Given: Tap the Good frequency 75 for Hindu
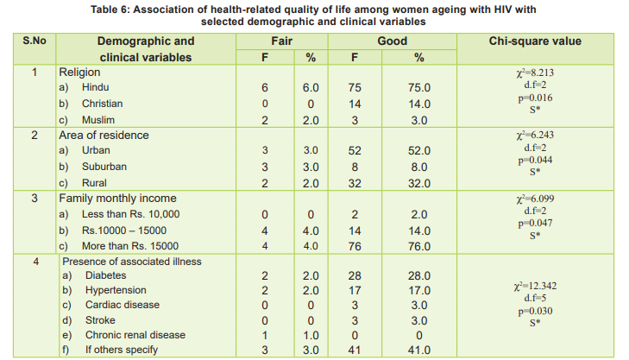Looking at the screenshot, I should point(354,88).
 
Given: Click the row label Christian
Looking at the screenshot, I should point(102,104).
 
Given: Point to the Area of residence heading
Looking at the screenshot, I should point(104,136).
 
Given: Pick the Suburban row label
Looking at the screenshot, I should point(104,167).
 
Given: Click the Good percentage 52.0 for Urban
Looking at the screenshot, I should point(419,151).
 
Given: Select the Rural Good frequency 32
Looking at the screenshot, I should point(354,183).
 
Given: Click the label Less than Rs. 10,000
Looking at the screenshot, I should point(130,214).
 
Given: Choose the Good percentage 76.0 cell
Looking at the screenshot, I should point(419,246).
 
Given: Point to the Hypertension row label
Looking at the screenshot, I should point(116,290).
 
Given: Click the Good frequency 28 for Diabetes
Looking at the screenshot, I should point(354,275).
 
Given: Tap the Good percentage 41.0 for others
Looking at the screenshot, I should point(419,351).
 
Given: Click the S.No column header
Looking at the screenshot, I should point(34,41).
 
